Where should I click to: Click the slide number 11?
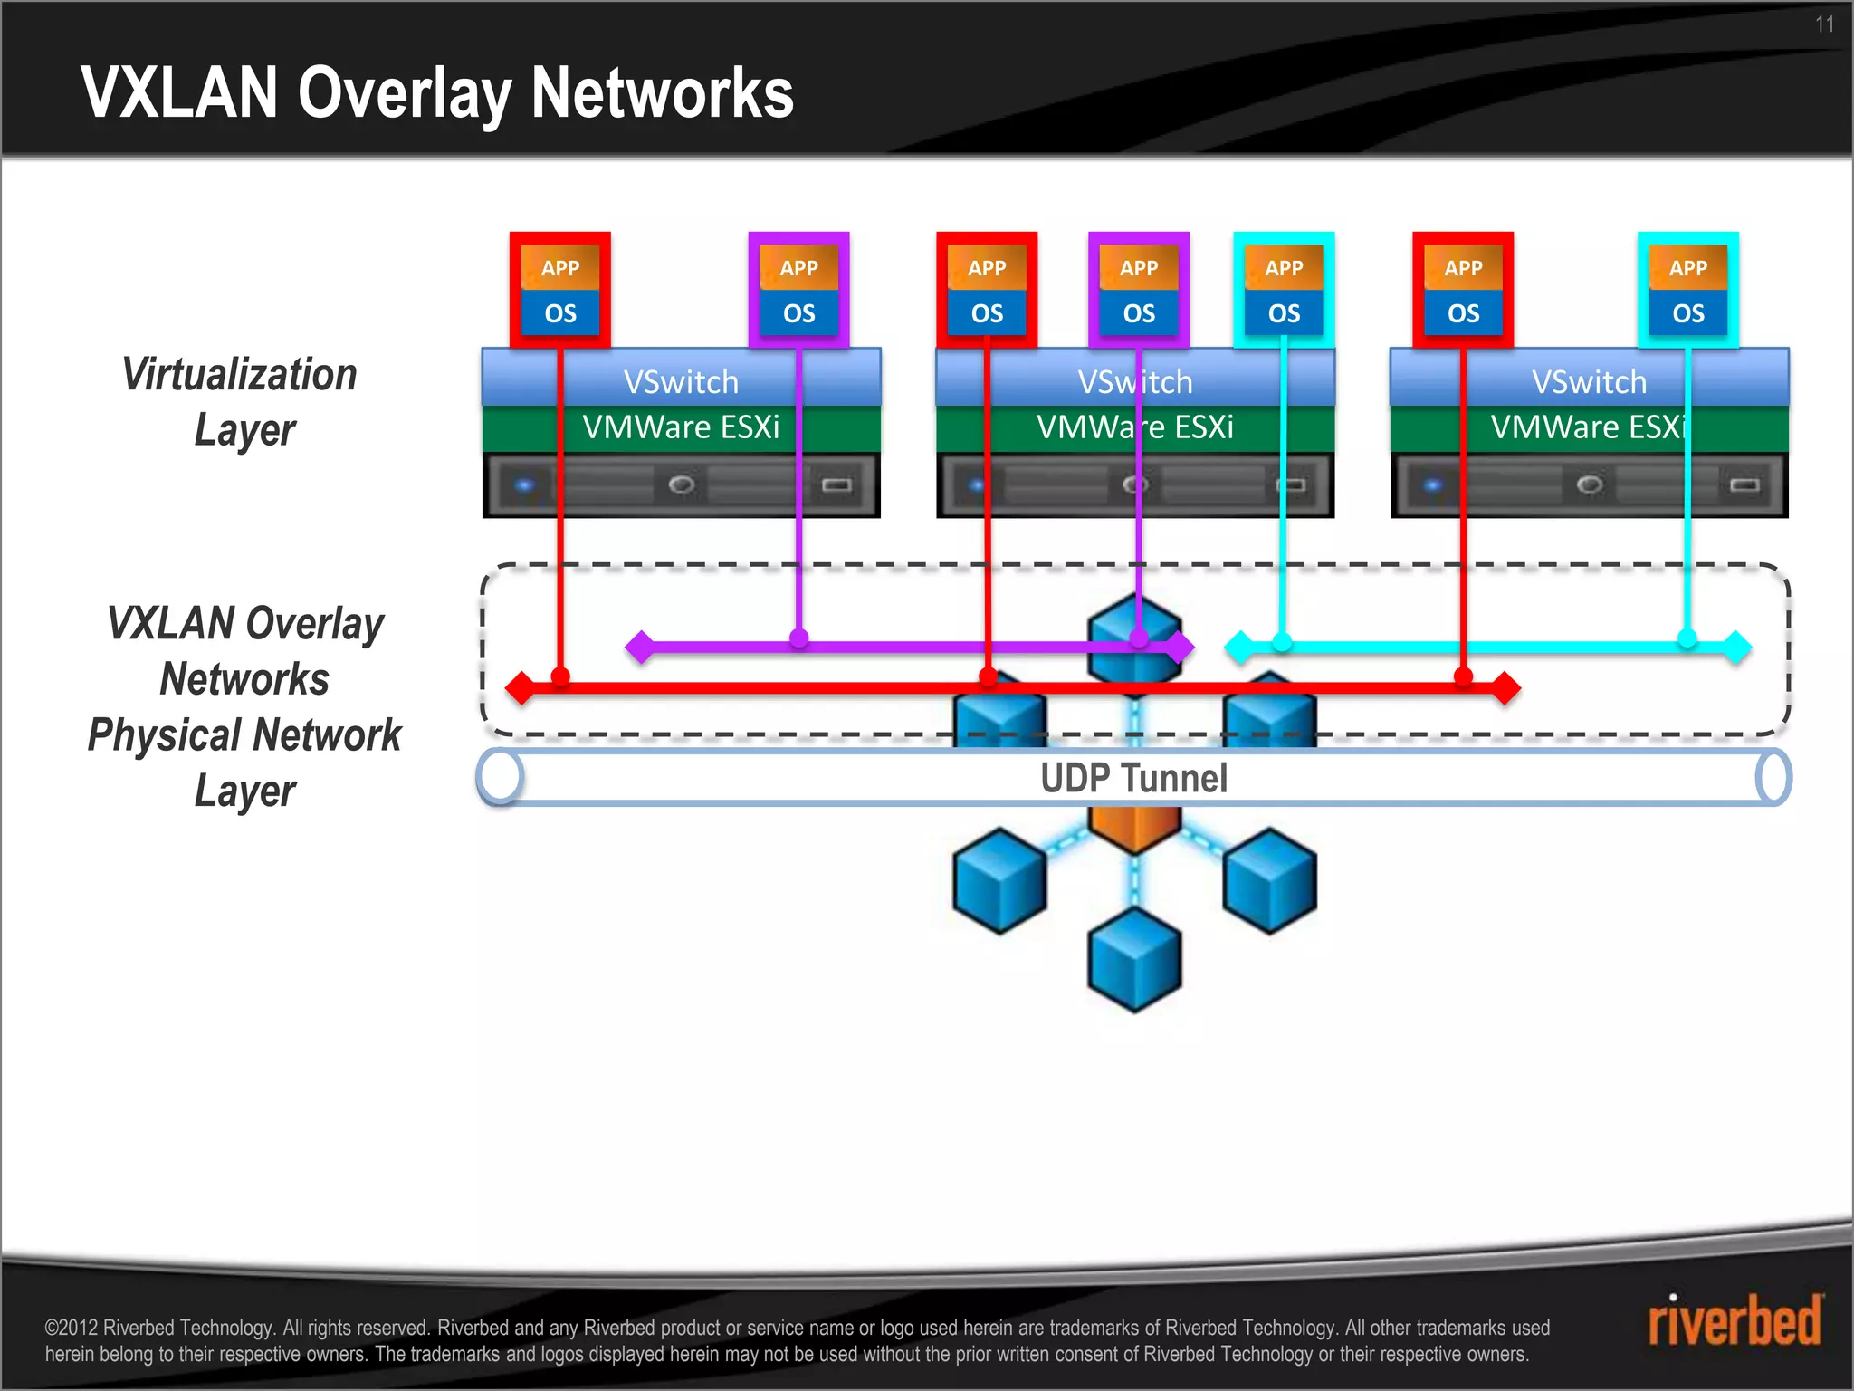[x=1823, y=24]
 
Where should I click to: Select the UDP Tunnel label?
[x=1133, y=778]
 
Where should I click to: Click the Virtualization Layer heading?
[x=241, y=401]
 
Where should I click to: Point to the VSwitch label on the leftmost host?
[x=681, y=381]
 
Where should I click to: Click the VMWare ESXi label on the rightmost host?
[x=1589, y=427]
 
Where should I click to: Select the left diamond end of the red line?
[x=521, y=688]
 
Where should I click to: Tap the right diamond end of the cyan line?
[x=1736, y=647]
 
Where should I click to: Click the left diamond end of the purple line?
[x=640, y=647]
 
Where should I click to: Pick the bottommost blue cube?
[x=1134, y=960]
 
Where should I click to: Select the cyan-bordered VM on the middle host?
[x=1284, y=290]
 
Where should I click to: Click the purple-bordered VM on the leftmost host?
[x=798, y=290]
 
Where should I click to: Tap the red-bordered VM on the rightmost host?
[x=1463, y=290]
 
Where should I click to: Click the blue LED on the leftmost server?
[x=524, y=485]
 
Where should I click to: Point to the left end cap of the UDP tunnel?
[x=501, y=777]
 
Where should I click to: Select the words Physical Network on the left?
[x=244, y=734]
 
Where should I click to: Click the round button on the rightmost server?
[x=1589, y=485]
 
